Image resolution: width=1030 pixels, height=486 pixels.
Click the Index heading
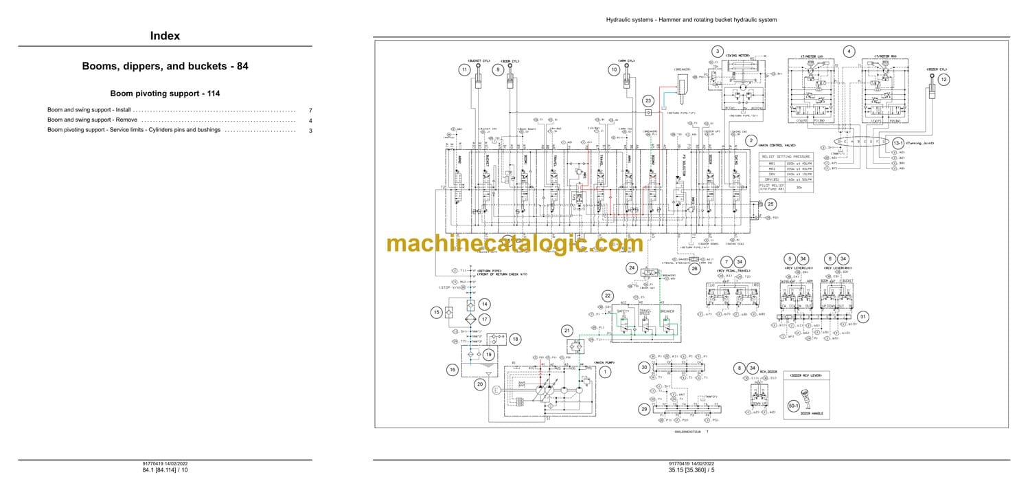[x=165, y=36]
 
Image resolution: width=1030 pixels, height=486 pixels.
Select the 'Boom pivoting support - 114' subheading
[x=165, y=93]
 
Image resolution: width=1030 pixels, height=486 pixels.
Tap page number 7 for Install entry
[x=310, y=110]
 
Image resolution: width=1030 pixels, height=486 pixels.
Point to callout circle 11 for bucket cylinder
[x=465, y=69]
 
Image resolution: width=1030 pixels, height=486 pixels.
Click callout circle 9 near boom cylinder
[x=499, y=69]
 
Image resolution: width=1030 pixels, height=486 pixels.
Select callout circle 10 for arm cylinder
[x=615, y=69]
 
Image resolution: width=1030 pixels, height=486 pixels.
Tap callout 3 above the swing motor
[x=718, y=52]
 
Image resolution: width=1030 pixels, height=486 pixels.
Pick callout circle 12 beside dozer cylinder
[x=943, y=80]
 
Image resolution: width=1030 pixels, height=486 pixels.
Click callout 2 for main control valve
[x=751, y=140]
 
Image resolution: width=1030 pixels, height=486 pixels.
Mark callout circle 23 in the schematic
[x=648, y=100]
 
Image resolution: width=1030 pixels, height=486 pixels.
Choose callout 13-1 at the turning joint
[x=898, y=142]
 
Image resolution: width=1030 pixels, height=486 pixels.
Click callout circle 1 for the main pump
[x=605, y=372]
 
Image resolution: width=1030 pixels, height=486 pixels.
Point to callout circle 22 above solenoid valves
[x=607, y=296]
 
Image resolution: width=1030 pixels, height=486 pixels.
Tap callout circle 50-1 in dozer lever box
[x=794, y=406]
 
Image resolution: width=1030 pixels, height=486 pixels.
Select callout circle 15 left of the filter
[x=435, y=313]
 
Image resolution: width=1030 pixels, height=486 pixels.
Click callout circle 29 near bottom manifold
[x=644, y=410]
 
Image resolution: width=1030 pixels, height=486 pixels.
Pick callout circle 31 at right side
[x=863, y=316]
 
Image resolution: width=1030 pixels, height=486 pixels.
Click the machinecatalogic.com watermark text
[x=515, y=243]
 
